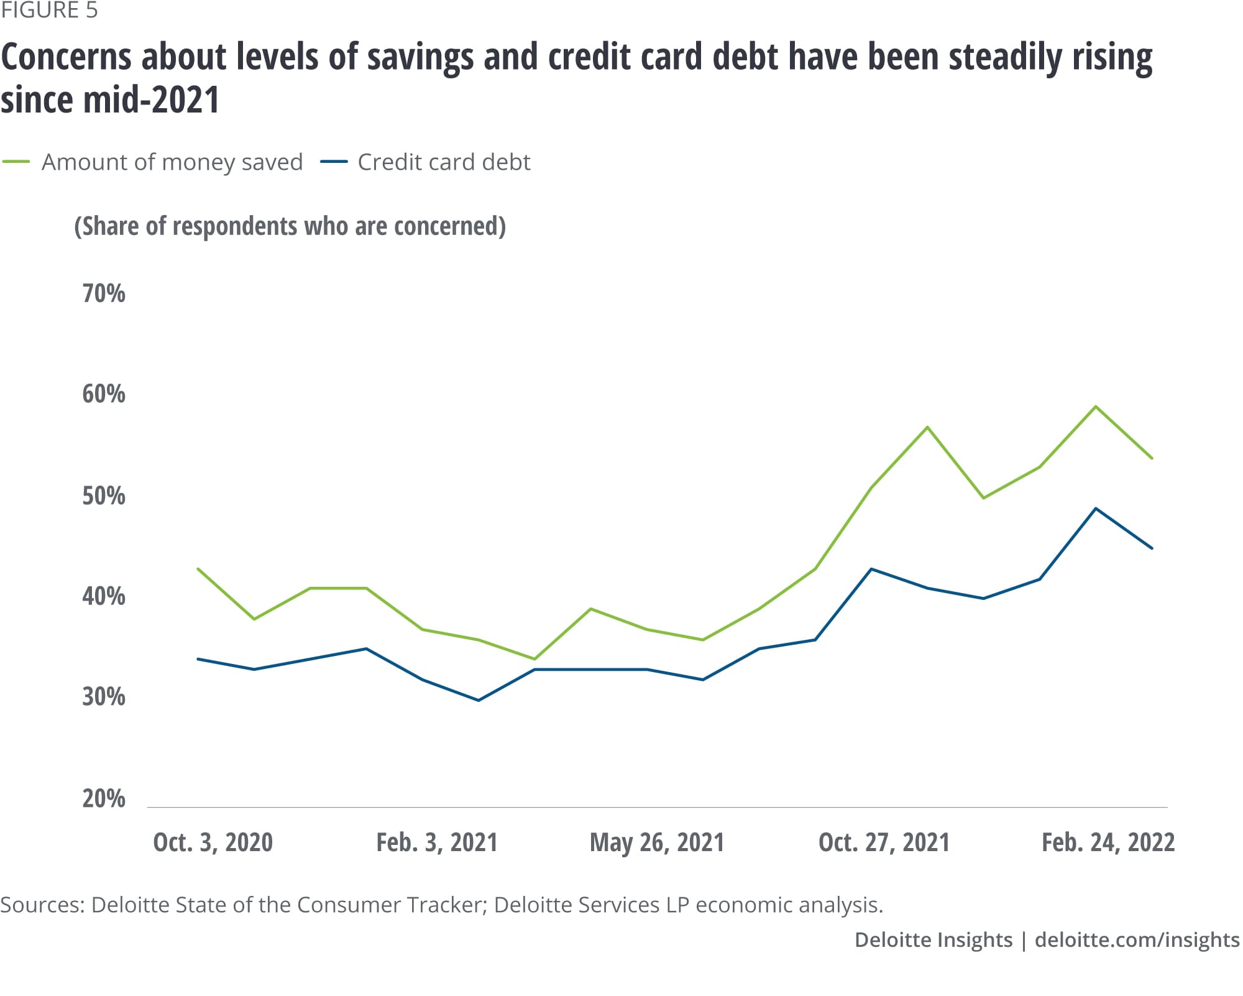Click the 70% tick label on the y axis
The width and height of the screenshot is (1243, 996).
pos(104,293)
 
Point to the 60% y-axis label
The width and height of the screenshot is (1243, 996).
pos(104,394)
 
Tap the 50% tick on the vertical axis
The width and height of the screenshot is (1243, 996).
pos(104,496)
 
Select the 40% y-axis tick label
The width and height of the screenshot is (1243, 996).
pos(104,596)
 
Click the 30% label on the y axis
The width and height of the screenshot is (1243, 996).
pos(104,697)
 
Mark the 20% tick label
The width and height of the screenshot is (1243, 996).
pos(104,798)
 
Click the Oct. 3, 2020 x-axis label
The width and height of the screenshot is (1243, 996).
pos(213,842)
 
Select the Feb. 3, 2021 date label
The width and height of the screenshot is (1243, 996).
pos(437,842)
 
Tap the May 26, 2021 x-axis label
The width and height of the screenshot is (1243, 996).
pos(657,842)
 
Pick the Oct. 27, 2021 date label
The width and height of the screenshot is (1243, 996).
pos(884,842)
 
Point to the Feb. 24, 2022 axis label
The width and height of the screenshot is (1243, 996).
pos(1108,842)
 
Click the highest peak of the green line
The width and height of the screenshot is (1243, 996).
pos(1096,407)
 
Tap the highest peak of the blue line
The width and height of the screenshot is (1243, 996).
pos(1096,509)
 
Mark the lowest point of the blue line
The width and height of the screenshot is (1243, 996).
pos(478,700)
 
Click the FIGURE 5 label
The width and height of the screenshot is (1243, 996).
pos(49,11)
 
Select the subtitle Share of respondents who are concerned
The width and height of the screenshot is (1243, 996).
pos(290,226)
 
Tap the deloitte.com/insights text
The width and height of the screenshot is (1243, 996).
pos(1137,939)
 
